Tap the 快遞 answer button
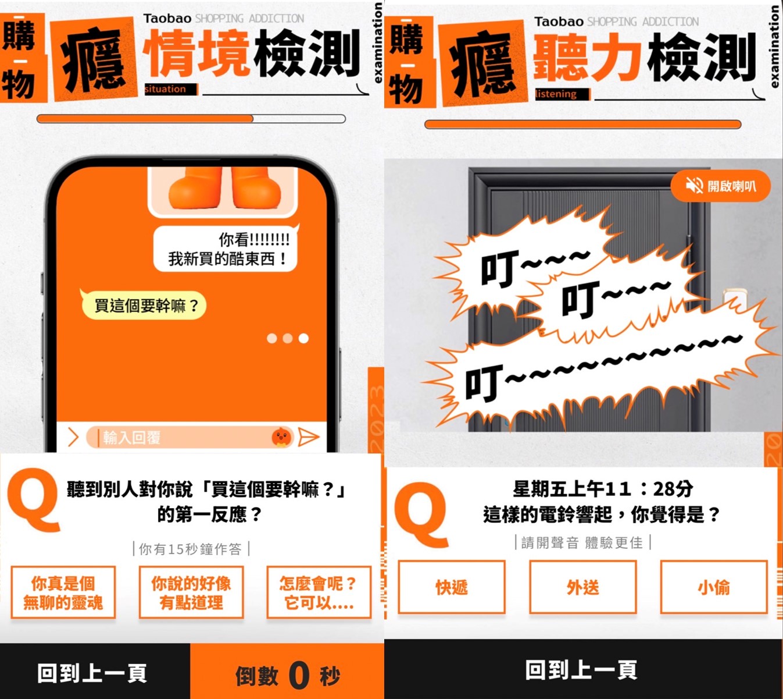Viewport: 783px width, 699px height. tap(452, 587)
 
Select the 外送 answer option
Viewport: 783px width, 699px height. tap(582, 587)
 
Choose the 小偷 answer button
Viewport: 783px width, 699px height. tap(713, 587)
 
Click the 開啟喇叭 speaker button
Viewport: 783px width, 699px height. tap(720, 186)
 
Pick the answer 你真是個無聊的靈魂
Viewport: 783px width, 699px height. tap(63, 592)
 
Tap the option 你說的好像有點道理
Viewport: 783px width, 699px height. tap(191, 592)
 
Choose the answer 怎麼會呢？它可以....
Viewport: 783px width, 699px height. tap(319, 592)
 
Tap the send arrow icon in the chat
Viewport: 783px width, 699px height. tap(309, 437)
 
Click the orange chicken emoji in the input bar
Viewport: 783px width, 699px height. tap(281, 437)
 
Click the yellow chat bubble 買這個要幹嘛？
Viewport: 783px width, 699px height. tap(144, 306)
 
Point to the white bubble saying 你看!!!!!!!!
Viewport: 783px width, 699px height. tap(226, 249)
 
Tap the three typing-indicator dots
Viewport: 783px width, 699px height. tap(288, 339)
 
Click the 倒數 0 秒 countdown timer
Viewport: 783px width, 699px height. tap(288, 675)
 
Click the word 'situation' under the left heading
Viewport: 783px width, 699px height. tap(166, 89)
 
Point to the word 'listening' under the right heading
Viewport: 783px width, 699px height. tap(556, 94)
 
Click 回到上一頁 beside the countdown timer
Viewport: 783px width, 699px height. tap(92, 673)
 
